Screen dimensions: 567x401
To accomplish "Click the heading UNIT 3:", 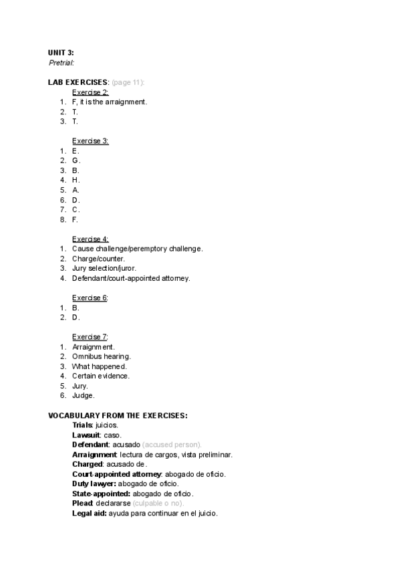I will point(61,52).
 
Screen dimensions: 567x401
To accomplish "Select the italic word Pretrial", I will point(61,62).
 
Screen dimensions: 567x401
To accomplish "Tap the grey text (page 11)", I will point(128,82).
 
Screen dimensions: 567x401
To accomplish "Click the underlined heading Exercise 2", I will point(90,92).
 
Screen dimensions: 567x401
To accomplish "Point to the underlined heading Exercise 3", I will point(90,141).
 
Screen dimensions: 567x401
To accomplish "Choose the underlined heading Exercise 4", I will point(90,239).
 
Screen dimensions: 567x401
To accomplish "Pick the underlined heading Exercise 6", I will point(90,298).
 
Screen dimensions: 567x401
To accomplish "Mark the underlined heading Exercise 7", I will point(90,336).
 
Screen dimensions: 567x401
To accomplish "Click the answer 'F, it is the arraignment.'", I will point(109,102).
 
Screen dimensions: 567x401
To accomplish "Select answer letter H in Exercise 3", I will point(76,180).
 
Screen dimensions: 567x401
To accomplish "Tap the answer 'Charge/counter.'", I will point(98,259).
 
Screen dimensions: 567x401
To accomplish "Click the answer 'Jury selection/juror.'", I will point(104,268).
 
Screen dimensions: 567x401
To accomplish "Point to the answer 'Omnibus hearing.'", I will point(101,356).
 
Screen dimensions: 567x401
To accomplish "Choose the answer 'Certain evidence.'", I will point(101,376).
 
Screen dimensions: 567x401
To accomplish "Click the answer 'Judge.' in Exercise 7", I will point(84,395).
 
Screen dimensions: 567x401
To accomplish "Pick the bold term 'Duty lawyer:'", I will point(94,483).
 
